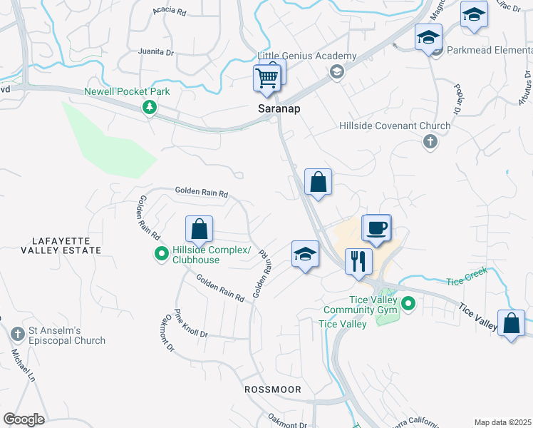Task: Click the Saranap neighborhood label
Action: pyautogui.click(x=278, y=109)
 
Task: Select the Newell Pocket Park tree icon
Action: pyautogui.click(x=150, y=107)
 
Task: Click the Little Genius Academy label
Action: pyautogui.click(x=306, y=56)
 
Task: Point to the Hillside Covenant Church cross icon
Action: pyautogui.click(x=430, y=141)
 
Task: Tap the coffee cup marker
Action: pyautogui.click(x=376, y=228)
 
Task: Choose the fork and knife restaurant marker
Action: pyautogui.click(x=358, y=261)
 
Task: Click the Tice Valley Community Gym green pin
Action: pyautogui.click(x=408, y=305)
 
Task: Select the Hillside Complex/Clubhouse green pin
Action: pyautogui.click(x=162, y=253)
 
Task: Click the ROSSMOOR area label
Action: pyautogui.click(x=273, y=389)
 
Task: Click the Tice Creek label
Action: pyautogui.click(x=467, y=281)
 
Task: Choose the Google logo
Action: pyautogui.click(x=24, y=419)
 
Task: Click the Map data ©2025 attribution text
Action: pyautogui.click(x=502, y=422)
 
